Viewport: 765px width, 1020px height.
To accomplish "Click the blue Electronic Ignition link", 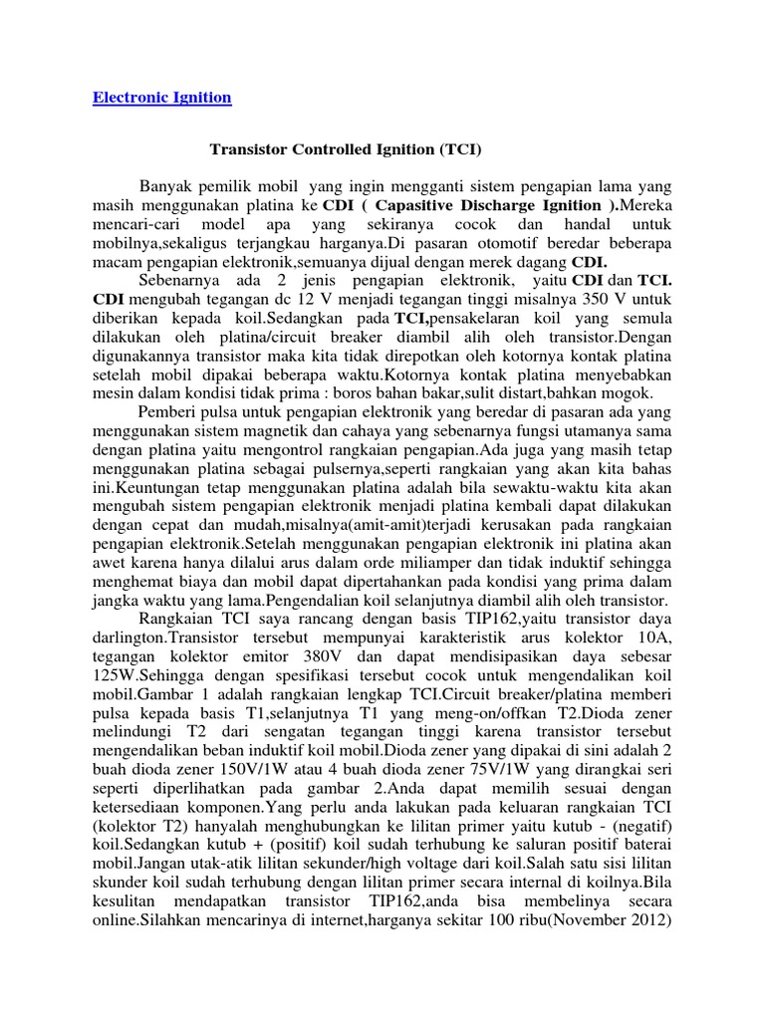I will click(x=161, y=98).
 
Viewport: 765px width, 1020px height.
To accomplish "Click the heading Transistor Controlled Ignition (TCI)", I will click(x=345, y=150).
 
